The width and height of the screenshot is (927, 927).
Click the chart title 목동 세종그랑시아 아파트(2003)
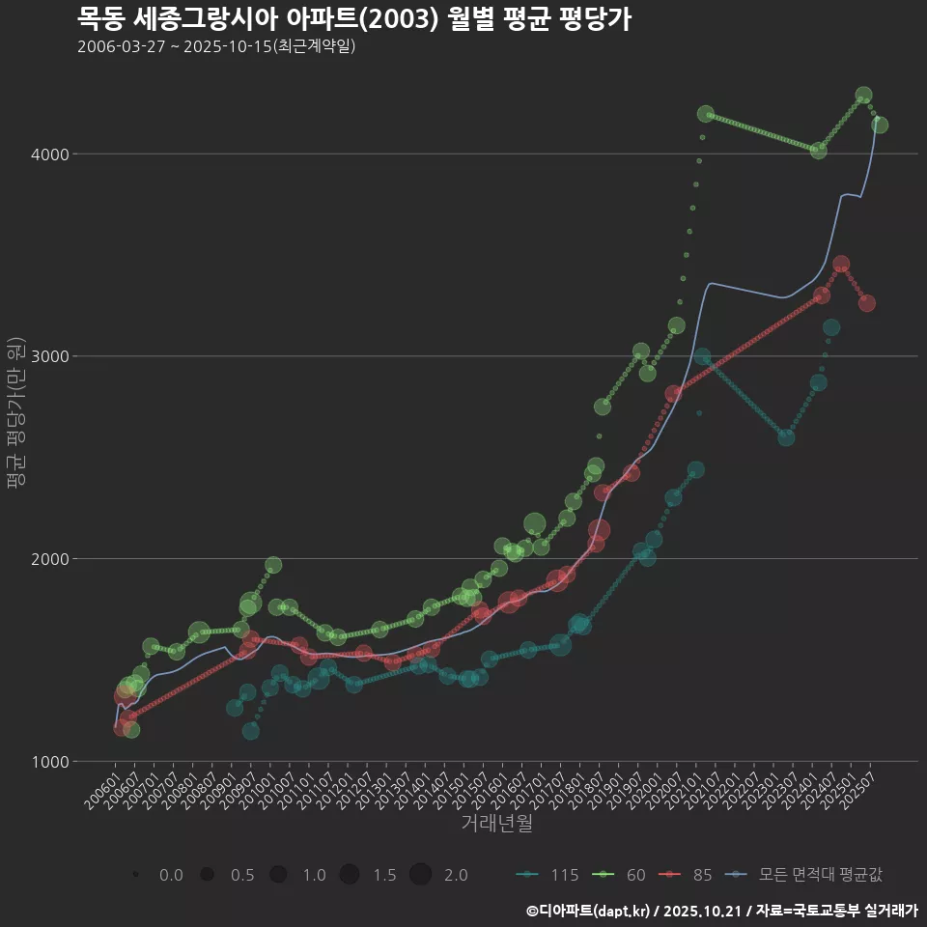coord(353,19)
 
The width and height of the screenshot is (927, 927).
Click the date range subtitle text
coord(216,46)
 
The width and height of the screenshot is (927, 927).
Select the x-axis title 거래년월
coord(496,823)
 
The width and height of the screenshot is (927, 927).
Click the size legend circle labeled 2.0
coord(420,875)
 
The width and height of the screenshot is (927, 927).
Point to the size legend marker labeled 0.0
coord(136,875)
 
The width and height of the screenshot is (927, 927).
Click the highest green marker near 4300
coord(863,96)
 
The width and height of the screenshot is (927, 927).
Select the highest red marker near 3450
coord(841,265)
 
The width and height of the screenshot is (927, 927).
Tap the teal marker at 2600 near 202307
coord(786,437)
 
